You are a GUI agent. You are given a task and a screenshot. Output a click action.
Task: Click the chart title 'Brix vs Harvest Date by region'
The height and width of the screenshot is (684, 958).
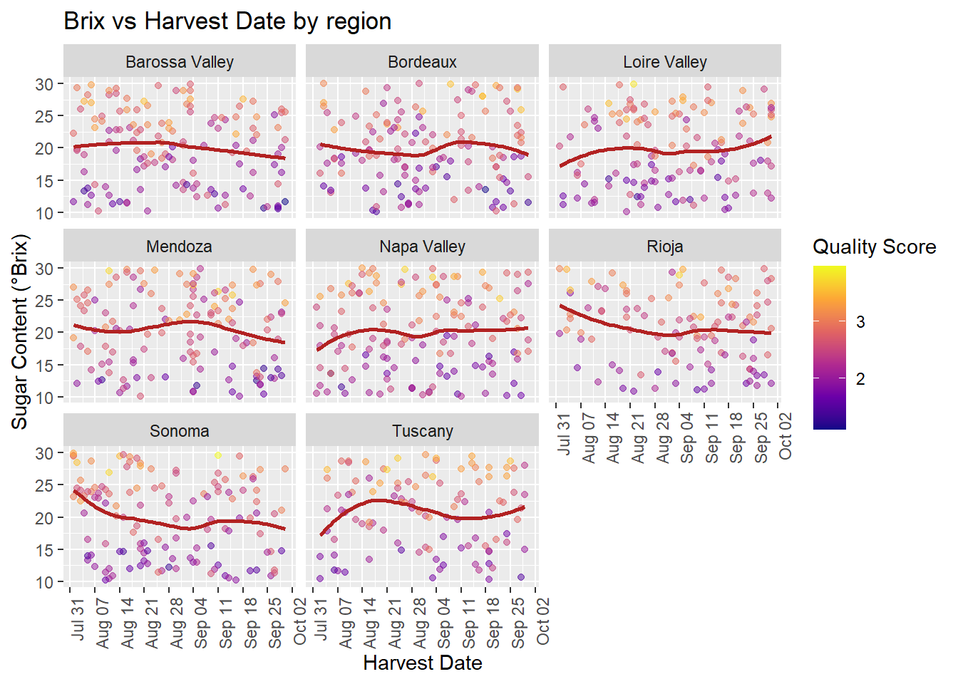tap(227, 21)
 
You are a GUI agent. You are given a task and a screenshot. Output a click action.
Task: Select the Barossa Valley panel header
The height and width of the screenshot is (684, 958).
tap(180, 62)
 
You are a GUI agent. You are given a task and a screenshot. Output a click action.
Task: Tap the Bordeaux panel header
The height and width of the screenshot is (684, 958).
tap(422, 62)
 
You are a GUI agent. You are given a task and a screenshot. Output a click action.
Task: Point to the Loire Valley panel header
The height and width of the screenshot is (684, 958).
tap(665, 62)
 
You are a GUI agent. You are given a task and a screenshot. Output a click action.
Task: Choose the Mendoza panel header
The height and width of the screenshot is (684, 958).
tap(180, 247)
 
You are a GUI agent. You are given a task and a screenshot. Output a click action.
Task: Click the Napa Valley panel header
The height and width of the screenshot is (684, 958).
tap(422, 247)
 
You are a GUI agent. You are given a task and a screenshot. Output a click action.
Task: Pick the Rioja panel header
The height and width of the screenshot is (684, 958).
tap(665, 247)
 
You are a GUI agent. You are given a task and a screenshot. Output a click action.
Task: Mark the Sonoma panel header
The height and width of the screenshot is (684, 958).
tap(180, 431)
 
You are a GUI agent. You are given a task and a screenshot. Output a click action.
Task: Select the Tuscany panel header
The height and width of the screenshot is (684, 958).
tap(422, 431)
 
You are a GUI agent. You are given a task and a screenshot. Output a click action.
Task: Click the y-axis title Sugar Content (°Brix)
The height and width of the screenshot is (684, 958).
tap(20, 331)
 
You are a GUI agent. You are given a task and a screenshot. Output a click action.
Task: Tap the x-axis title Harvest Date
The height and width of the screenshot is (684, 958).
tap(422, 663)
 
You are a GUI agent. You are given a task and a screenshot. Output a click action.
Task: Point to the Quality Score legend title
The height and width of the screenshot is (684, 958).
tap(874, 247)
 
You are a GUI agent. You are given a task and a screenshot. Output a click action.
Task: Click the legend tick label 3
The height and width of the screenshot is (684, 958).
tap(860, 322)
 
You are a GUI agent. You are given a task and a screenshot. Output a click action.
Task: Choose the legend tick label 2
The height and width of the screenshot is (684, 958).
tap(860, 379)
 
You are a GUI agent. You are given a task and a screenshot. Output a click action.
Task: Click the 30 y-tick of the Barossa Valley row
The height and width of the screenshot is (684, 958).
tap(45, 84)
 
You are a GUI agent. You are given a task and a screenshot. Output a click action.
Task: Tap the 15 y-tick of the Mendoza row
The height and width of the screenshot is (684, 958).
tap(45, 365)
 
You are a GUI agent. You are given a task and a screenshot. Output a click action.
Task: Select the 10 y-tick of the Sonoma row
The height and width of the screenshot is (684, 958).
tap(45, 582)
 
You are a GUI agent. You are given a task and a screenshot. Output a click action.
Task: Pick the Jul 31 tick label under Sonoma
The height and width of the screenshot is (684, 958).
tap(78, 620)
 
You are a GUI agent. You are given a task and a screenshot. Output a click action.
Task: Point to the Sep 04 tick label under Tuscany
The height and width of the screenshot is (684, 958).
tap(444, 623)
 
